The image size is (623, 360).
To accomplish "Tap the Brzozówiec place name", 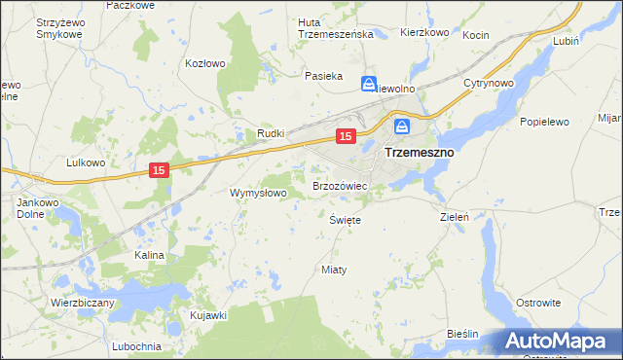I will (x=339, y=185).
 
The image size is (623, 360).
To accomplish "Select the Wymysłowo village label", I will (x=257, y=193).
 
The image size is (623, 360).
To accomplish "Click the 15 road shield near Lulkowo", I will (x=161, y=170).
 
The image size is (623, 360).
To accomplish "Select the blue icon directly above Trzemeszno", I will (x=402, y=126).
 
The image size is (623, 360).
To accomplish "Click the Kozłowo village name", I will (x=205, y=63).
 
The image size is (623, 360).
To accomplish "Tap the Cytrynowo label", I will (x=488, y=84).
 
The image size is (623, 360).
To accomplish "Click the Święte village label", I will (x=346, y=220).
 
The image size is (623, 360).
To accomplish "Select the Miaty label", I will (x=334, y=269).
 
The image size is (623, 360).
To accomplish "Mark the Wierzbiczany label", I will (x=83, y=303).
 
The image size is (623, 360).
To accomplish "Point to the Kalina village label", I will (x=150, y=254).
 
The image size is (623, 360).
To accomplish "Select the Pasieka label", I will (x=323, y=75).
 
